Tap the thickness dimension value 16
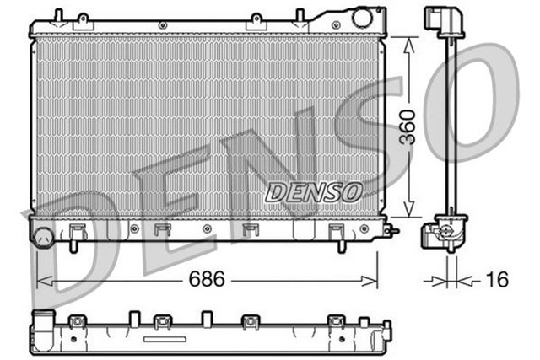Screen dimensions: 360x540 [x=498, y=280]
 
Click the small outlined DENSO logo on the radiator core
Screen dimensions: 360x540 [x=314, y=192]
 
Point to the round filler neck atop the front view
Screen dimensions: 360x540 [x=362, y=18]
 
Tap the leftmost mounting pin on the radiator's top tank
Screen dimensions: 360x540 [x=57, y=15]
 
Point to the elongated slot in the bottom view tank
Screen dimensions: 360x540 [x=165, y=339]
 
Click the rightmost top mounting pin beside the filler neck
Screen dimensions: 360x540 [x=299, y=15]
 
